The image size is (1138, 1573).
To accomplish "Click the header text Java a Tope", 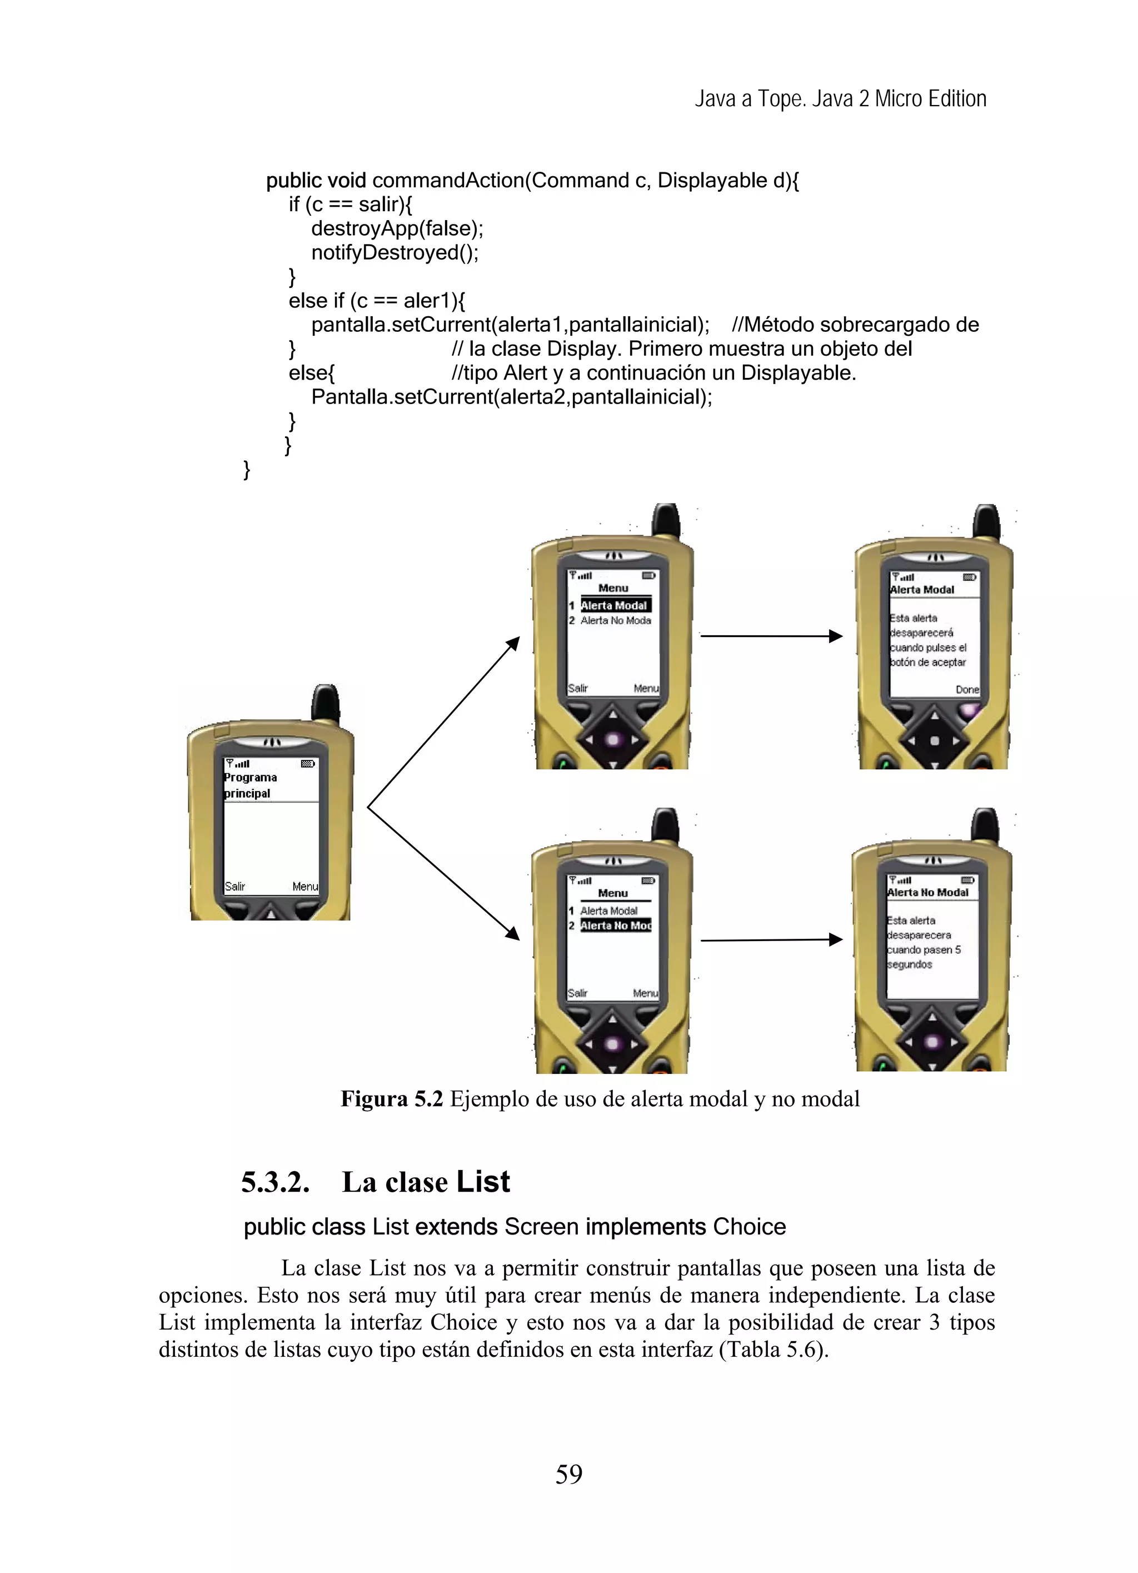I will click(x=749, y=99).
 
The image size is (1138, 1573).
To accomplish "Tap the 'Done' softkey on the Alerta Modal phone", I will click(x=967, y=689).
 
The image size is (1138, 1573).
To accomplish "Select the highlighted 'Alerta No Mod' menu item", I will click(x=615, y=925).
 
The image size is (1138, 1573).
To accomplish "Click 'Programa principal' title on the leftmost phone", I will click(x=249, y=785).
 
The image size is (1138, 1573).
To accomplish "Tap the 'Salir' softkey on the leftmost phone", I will click(x=234, y=887).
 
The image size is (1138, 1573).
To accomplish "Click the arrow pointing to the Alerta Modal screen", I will click(x=771, y=635).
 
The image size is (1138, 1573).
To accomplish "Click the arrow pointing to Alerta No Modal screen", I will click(x=771, y=940).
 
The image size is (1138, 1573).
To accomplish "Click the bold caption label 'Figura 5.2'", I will click(x=391, y=1099).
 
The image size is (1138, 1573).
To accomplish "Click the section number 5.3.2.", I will click(x=274, y=1182).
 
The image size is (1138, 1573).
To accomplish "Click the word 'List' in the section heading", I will click(x=483, y=1182).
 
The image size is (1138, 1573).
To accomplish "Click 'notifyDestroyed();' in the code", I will click(x=395, y=252).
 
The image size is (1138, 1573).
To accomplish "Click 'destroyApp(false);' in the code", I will click(x=397, y=228).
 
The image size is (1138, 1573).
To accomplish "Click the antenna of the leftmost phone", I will click(x=325, y=702).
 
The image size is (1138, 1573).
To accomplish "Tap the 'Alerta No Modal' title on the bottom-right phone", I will click(x=928, y=893).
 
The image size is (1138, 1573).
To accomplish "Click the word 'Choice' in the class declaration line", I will click(x=749, y=1227).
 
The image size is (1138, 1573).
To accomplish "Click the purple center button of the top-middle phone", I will click(x=612, y=739).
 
